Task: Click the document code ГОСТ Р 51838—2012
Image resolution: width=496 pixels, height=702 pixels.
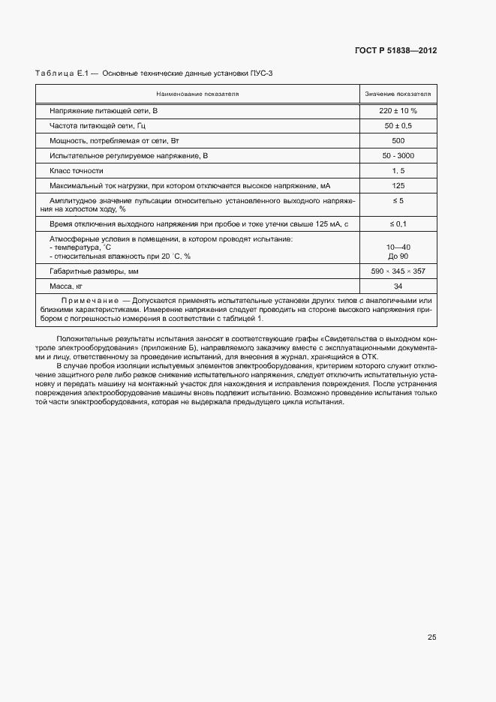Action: pos(395,51)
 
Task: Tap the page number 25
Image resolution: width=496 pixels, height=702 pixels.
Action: pos(431,637)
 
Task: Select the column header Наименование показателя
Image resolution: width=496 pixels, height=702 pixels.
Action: pos(197,94)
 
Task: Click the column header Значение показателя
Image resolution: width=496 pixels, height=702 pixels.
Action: pos(398,94)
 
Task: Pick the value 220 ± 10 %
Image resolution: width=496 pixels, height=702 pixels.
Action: pos(398,110)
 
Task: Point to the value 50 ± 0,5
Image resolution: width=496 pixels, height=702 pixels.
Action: pos(398,125)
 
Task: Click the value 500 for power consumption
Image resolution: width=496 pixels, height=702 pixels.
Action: pos(398,140)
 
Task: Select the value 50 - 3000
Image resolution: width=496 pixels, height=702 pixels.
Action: pos(398,155)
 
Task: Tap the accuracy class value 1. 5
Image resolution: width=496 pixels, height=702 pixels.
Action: pos(398,170)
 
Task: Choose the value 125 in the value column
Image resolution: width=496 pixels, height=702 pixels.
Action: pos(398,185)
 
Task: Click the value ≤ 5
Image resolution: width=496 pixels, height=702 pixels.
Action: pos(398,201)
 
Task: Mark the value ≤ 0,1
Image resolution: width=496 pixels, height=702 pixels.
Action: pos(398,223)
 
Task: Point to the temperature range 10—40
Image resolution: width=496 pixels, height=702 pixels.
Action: pos(398,247)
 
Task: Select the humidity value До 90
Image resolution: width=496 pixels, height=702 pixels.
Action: pos(398,256)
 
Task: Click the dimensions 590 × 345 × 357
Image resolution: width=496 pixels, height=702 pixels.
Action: pos(398,271)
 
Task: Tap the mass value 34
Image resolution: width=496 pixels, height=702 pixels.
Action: pos(398,286)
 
